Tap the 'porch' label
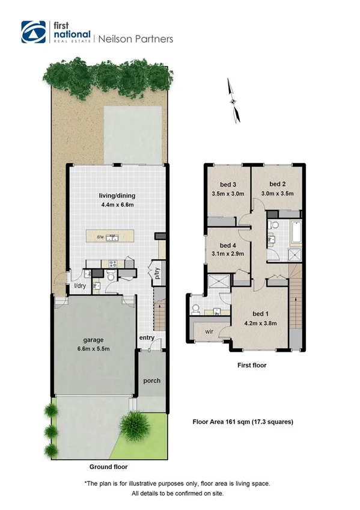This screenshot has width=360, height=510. point(151,381)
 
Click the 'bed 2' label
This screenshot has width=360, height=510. point(276,183)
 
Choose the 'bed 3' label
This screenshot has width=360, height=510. point(227,183)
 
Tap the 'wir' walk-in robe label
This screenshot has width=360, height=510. point(209,330)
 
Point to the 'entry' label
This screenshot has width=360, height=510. point(147,338)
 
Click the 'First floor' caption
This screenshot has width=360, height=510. point(252,365)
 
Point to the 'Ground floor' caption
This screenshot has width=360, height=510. point(108,466)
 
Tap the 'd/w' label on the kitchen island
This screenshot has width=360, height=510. point(100,236)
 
